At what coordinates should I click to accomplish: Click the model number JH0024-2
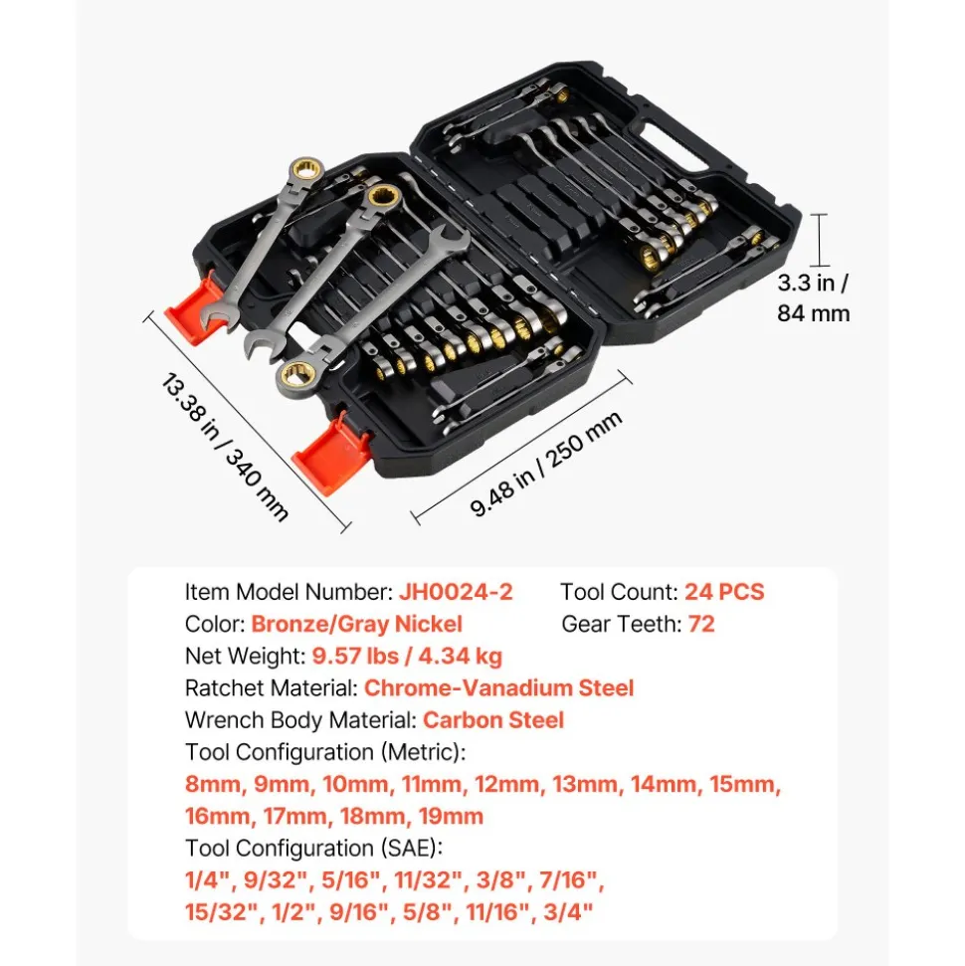456,591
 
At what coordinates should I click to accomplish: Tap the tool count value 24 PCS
724,591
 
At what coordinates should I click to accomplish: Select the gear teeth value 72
701,624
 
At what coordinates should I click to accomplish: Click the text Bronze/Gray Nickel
356,624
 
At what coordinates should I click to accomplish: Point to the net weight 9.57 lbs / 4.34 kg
407,657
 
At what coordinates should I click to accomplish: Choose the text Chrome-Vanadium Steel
498,687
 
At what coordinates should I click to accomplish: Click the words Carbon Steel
493,719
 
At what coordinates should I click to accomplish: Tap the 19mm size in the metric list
451,817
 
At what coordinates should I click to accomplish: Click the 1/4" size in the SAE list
208,879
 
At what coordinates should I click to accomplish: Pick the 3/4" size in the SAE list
567,912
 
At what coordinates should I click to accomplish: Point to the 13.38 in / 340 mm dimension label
224,448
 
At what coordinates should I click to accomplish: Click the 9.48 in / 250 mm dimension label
545,464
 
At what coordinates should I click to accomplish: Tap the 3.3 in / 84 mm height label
813,297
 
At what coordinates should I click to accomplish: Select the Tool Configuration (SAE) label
313,849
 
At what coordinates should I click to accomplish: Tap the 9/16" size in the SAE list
358,912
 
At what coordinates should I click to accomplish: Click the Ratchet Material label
272,687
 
